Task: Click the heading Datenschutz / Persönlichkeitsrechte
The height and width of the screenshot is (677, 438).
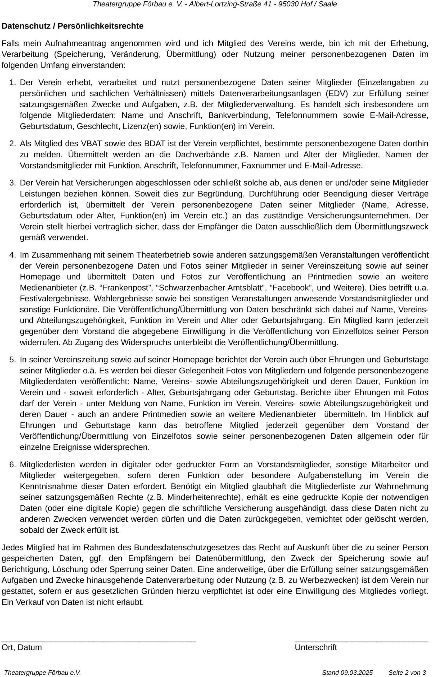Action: pos(73,26)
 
